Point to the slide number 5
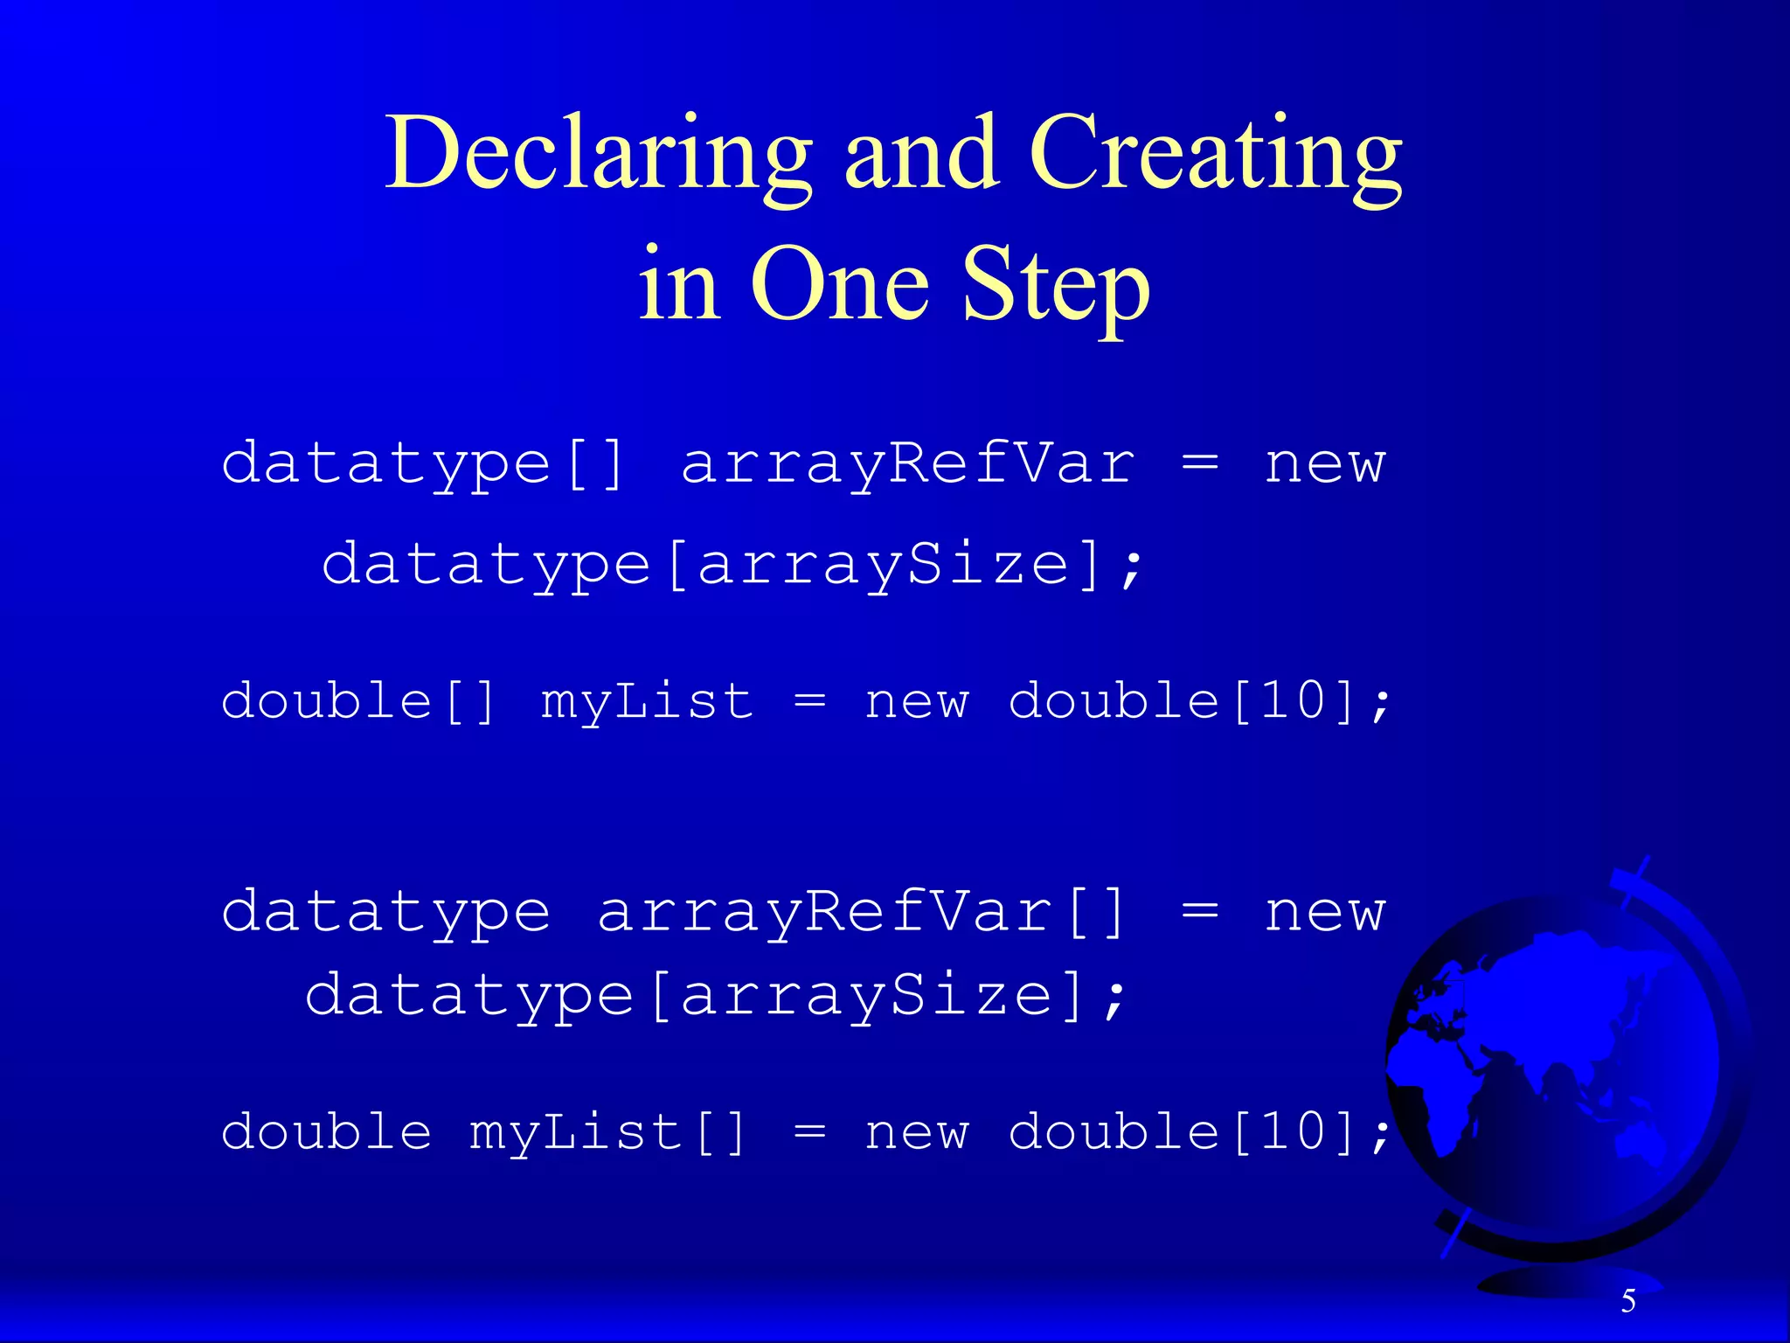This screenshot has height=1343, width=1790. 1628,1301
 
